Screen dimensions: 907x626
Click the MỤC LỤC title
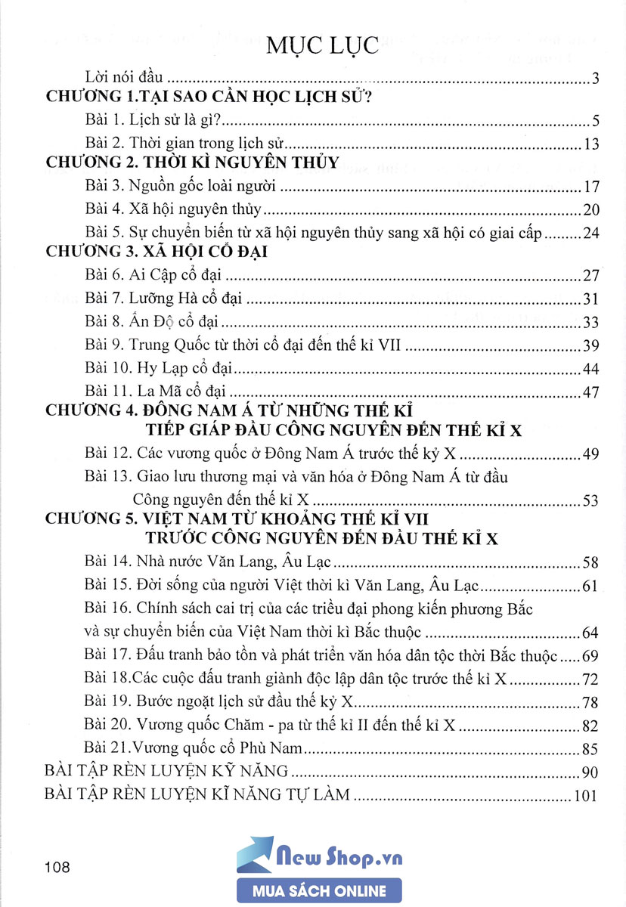(321, 45)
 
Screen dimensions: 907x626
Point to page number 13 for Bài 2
(591, 144)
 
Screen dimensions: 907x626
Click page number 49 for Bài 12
(591, 454)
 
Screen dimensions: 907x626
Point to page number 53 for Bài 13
(591, 500)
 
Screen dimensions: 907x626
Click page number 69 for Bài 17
(591, 656)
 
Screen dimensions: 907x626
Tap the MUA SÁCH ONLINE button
(319, 891)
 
